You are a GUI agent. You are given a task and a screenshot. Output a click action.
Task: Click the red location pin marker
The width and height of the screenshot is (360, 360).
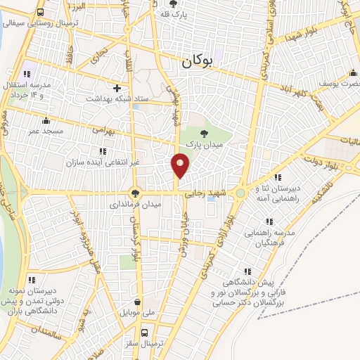tap(181, 165)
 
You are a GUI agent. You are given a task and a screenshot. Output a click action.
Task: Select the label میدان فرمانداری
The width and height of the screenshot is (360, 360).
tap(136, 205)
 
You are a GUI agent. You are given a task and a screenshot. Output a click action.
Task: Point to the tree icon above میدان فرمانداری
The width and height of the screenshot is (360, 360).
tap(136, 193)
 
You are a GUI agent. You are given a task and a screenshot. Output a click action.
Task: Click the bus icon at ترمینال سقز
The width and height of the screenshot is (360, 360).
tap(145, 333)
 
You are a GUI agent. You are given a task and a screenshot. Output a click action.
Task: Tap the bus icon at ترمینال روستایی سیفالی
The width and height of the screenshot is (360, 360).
tap(40, 12)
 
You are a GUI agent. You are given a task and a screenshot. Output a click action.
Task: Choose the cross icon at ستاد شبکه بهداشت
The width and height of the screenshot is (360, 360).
tap(117, 89)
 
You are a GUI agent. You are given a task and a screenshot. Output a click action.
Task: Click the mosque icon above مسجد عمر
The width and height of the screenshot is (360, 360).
tap(46, 120)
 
